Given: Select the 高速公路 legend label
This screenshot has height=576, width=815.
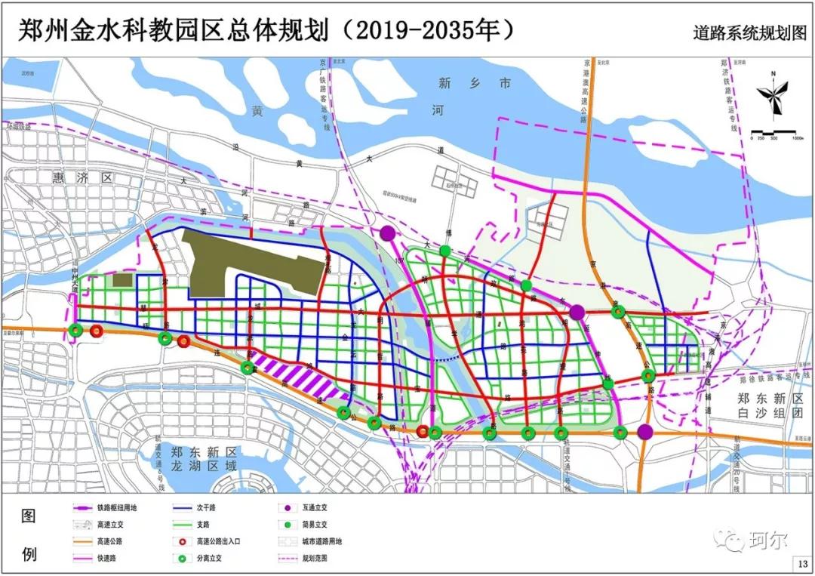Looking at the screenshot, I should pos(112,541).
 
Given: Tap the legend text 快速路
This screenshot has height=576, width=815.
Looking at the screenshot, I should pos(109,558).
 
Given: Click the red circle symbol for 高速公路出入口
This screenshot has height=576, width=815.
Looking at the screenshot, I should pos(183,541).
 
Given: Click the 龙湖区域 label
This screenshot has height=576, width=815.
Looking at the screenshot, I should pos(204,466).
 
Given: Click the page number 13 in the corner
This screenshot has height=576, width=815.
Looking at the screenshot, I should pos(801,564).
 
